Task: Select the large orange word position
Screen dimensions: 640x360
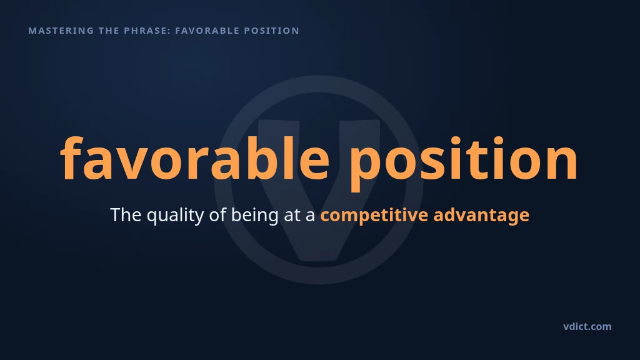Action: pos(464,163)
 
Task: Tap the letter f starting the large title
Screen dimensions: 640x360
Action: pos(72,157)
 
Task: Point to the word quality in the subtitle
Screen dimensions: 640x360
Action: pos(175,216)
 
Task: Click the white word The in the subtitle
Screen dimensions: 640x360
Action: pos(126,215)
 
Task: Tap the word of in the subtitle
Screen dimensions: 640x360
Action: pos(217,215)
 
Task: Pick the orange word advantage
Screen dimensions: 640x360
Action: pos(481,216)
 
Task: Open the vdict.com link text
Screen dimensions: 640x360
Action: pos(587,326)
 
